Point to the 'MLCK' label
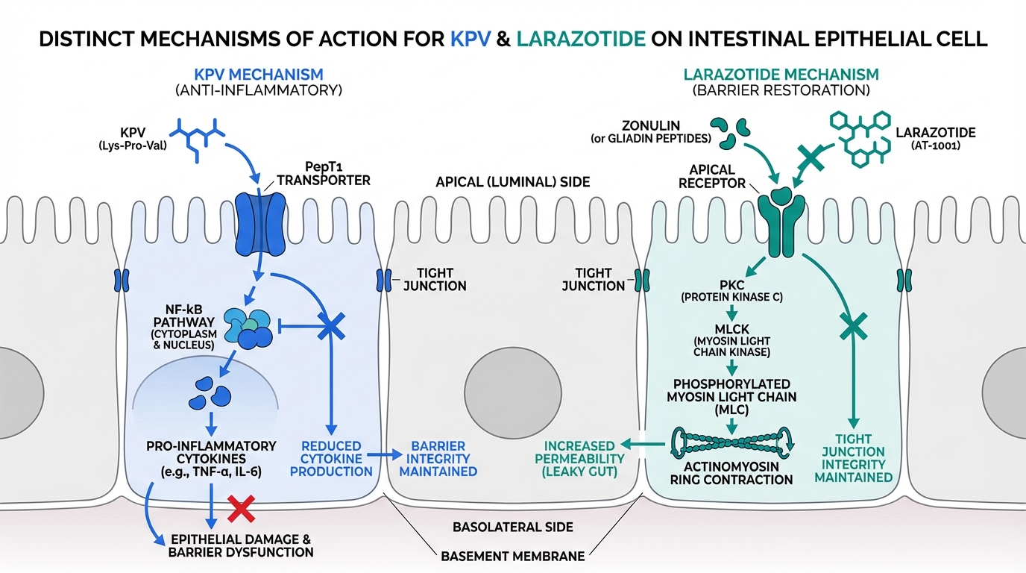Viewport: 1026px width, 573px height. click(x=732, y=329)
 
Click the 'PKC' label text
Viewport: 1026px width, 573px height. click(x=732, y=285)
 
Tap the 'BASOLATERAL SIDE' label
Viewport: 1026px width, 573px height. click(x=513, y=527)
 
